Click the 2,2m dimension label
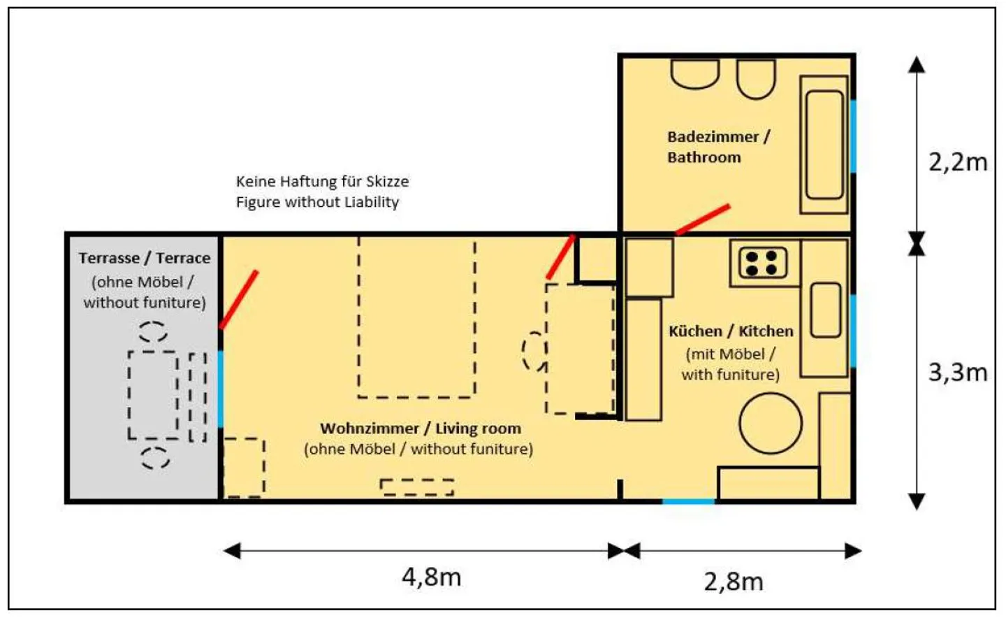(957, 162)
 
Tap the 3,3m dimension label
(957, 373)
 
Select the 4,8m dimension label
(431, 577)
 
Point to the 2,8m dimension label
(733, 582)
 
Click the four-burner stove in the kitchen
(761, 264)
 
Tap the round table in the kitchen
(771, 423)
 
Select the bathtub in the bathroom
(824, 145)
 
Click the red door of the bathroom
(703, 220)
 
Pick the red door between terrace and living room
(239, 299)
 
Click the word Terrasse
(108, 258)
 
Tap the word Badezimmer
(712, 137)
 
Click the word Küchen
(694, 331)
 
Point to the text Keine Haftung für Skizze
(322, 182)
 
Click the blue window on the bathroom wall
(852, 136)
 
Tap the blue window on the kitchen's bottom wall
(688, 501)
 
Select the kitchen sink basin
(825, 310)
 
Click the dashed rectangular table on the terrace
(153, 395)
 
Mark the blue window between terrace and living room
(221, 389)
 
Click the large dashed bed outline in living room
(417, 318)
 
